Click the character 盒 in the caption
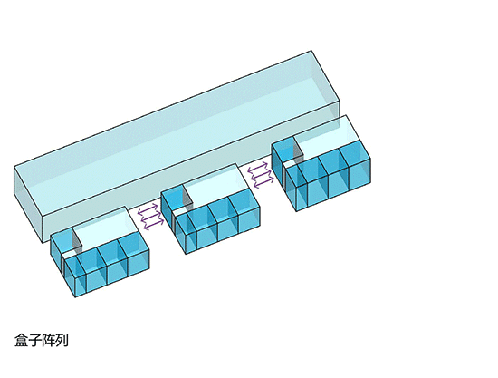[21, 340]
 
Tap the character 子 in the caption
[34, 340]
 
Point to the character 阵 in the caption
[48, 340]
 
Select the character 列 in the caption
[62, 340]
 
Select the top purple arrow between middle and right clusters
[257, 167]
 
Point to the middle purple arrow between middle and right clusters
[261, 174]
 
